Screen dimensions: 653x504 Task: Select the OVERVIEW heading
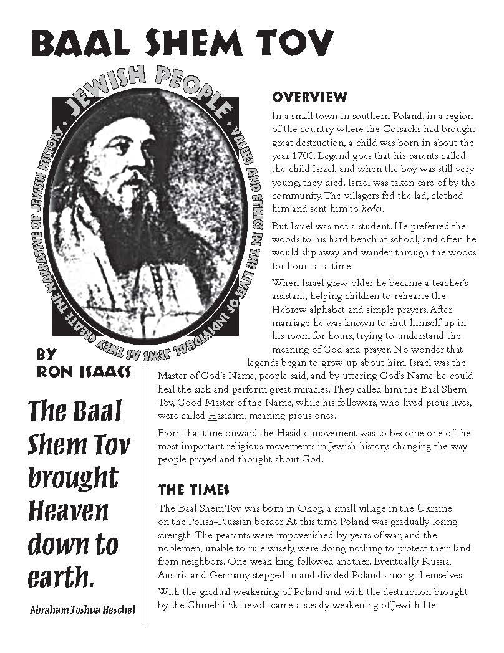coord(309,97)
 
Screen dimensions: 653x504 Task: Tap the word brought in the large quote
coord(73,477)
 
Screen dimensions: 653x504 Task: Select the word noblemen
coord(178,548)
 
